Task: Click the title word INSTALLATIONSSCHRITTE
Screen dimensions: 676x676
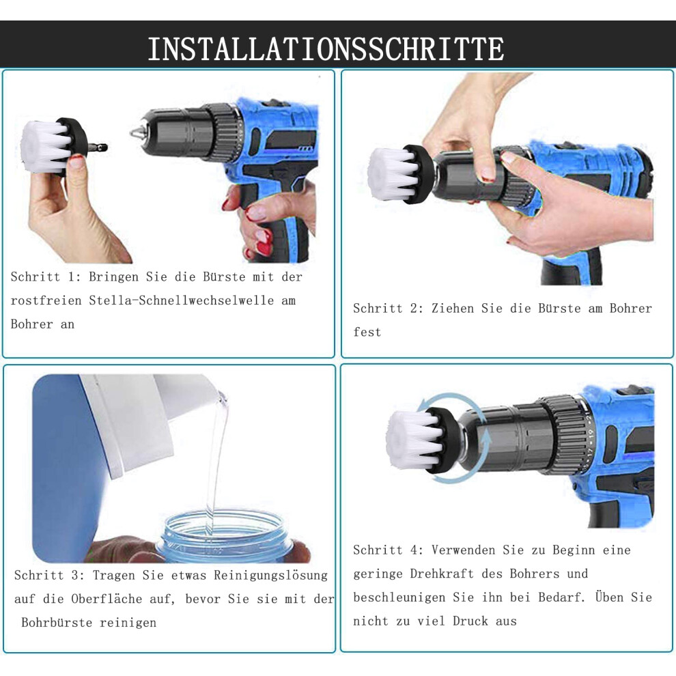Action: tap(326, 48)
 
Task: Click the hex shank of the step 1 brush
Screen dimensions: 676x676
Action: tap(98, 148)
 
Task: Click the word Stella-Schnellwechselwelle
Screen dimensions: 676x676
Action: tap(181, 300)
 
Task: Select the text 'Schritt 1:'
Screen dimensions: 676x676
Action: tap(46, 277)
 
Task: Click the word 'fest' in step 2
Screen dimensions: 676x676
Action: tap(367, 332)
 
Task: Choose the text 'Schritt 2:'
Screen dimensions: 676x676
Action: tap(389, 308)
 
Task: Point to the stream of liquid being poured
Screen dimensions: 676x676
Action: tap(216, 462)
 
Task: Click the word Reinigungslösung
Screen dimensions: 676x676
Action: tap(271, 576)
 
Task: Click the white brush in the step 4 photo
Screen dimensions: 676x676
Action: tap(412, 439)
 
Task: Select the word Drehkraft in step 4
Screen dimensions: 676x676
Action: tap(442, 574)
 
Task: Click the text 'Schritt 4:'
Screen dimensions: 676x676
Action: tap(389, 550)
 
